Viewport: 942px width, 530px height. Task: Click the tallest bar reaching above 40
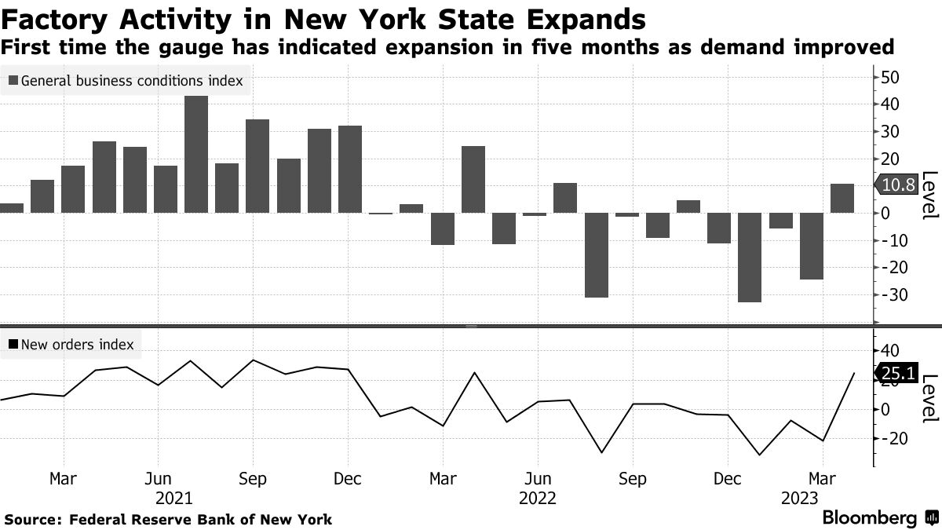(x=196, y=154)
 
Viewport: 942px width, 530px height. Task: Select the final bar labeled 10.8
(x=842, y=198)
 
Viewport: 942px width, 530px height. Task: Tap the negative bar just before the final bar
(x=812, y=246)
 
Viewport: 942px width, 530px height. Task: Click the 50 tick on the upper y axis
(x=891, y=77)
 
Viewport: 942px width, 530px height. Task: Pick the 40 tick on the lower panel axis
(x=891, y=350)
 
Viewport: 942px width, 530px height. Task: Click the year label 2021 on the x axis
(x=174, y=498)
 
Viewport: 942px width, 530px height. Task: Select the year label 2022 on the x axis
(x=538, y=498)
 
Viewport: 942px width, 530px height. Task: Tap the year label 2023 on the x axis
(x=799, y=498)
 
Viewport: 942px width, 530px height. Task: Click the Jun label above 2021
(x=159, y=478)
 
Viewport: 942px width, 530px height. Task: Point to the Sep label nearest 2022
(x=633, y=478)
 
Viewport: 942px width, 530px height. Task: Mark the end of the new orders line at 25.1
(x=854, y=374)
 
